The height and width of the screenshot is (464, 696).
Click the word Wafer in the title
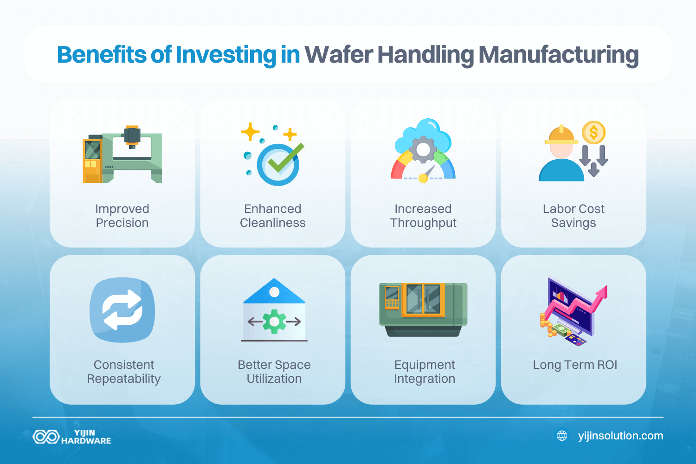(x=338, y=55)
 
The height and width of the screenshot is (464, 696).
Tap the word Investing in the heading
(x=226, y=55)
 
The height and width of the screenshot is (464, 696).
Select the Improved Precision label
(x=122, y=216)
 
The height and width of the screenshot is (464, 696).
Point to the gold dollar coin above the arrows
(x=593, y=133)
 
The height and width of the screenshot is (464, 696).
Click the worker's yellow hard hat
(x=561, y=136)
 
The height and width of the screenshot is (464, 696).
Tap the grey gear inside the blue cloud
(x=423, y=149)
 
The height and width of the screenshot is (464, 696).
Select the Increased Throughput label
(x=423, y=216)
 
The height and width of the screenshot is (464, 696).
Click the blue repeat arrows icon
(x=122, y=310)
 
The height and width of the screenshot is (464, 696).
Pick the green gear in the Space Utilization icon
(x=274, y=322)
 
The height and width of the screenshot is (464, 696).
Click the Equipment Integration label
(x=424, y=372)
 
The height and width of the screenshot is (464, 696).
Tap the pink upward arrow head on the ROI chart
(x=602, y=292)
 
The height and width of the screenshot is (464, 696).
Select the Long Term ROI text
(x=575, y=365)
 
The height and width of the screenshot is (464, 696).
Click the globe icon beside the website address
(x=562, y=436)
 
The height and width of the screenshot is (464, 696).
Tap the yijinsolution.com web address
(x=620, y=436)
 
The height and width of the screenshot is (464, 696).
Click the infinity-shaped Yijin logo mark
(x=46, y=437)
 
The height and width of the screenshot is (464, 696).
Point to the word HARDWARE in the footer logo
(x=86, y=441)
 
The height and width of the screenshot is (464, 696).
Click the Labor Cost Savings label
(x=574, y=216)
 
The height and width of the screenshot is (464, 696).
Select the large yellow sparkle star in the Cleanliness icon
(x=250, y=132)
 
